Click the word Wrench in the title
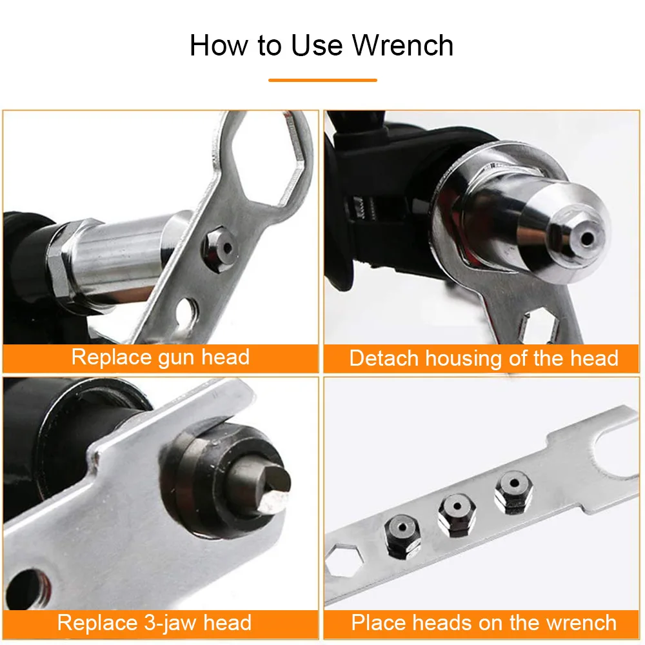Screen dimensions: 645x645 pos(402,46)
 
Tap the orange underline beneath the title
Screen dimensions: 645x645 pos(322,80)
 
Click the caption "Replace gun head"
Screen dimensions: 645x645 pos(160,357)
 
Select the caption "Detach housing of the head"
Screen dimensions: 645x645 pos(484,358)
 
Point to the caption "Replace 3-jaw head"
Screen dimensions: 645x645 pos(154,622)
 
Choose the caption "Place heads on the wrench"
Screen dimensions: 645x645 pos(484,622)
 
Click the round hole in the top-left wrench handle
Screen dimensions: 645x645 pos(187,311)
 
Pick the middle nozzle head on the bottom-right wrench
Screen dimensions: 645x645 pos(457,514)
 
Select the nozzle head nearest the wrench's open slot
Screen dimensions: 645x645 pos(513,493)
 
